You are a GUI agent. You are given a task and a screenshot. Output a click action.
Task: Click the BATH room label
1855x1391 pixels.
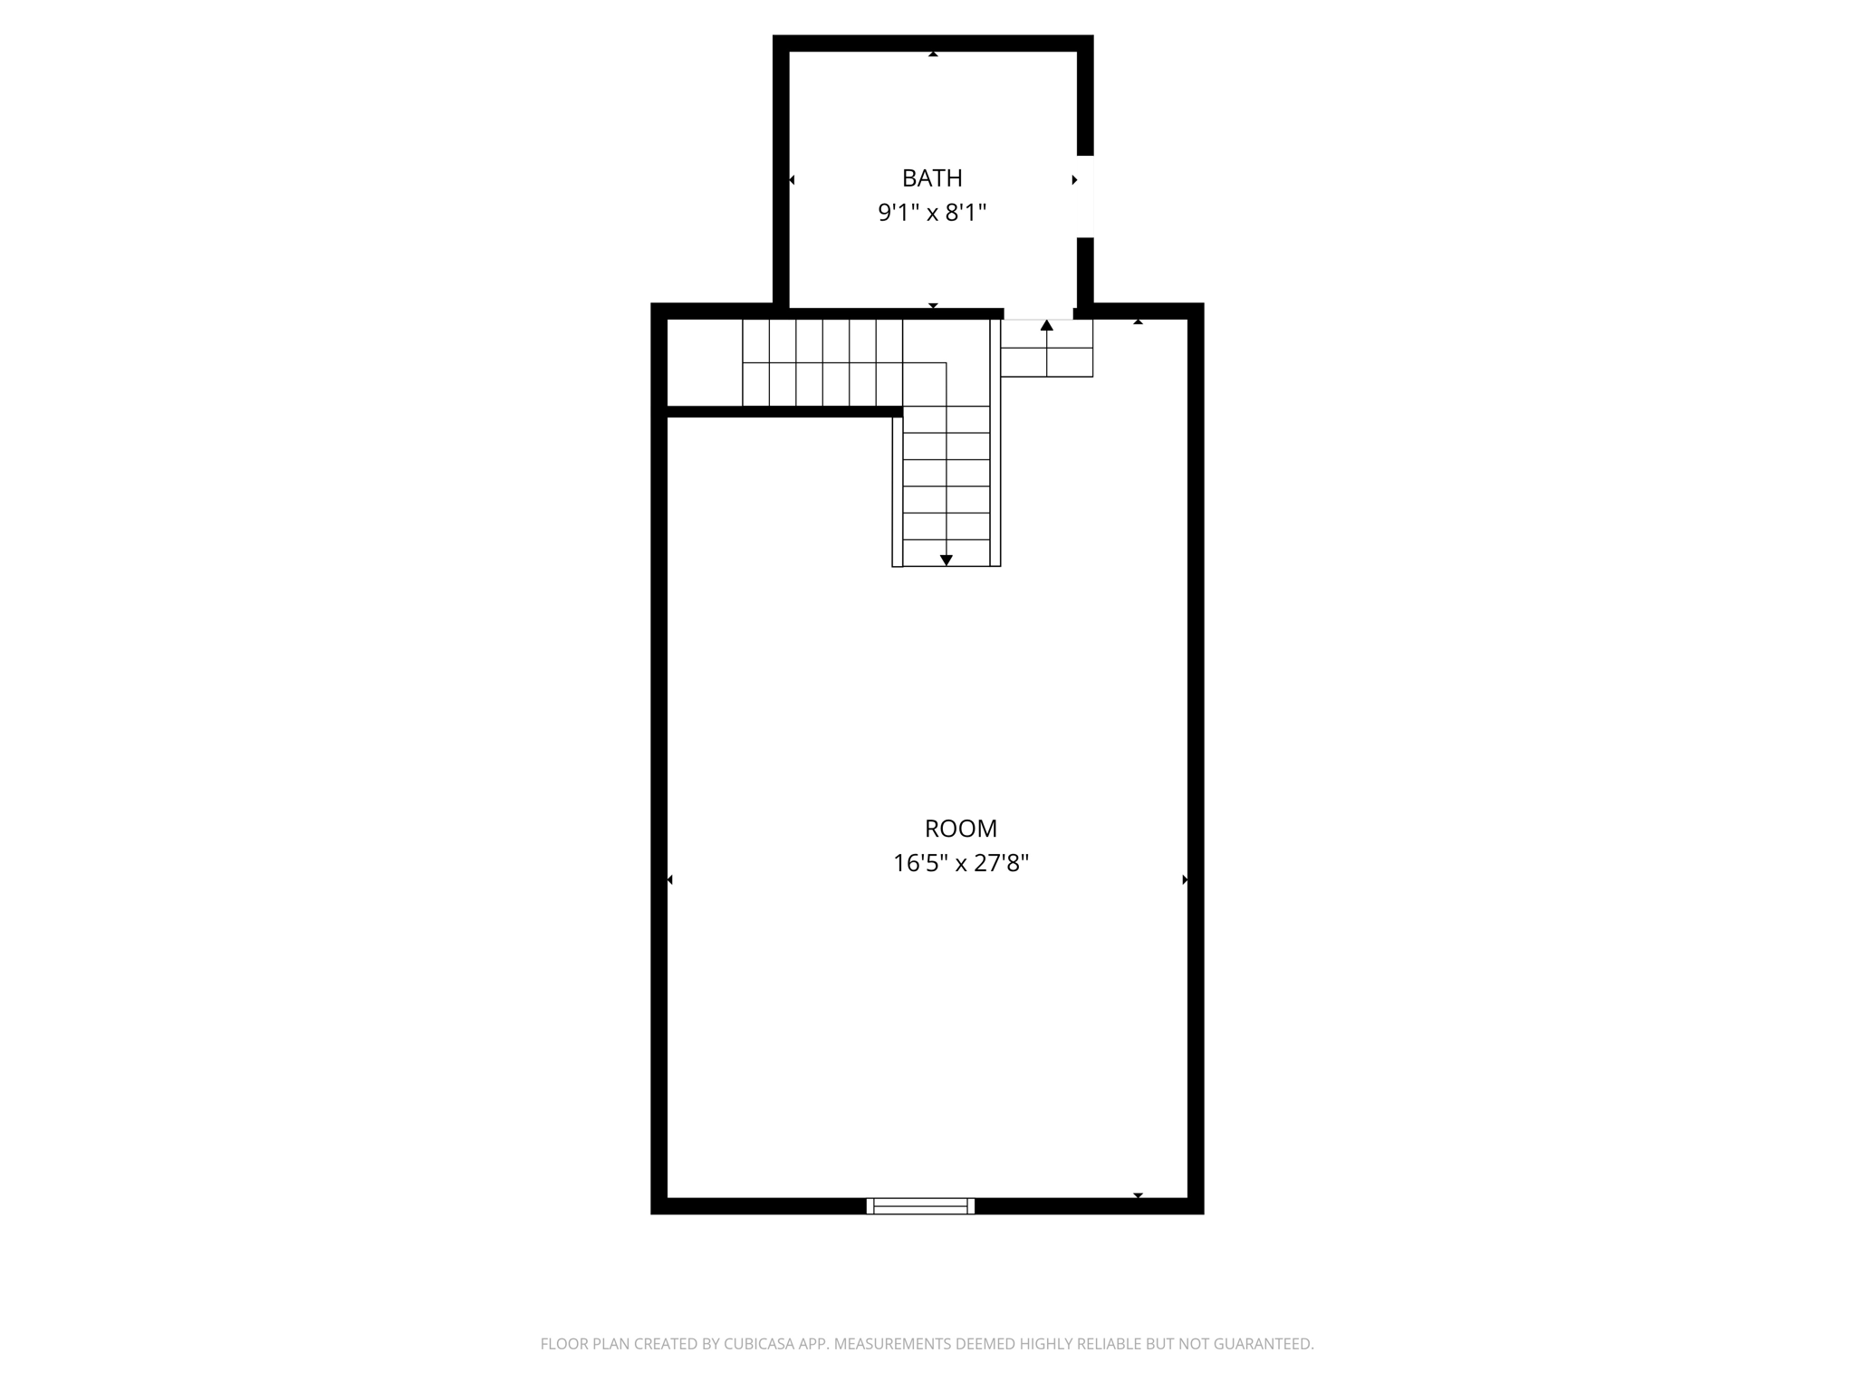[931, 178]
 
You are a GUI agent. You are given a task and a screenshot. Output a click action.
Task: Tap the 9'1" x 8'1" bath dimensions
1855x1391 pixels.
[931, 214]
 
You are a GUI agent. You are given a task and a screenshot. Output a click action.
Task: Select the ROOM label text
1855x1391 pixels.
[960, 829]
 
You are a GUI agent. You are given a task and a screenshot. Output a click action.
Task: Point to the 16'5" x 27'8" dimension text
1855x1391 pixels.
[960, 864]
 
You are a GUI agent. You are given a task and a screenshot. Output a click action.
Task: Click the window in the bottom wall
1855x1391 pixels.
[920, 1205]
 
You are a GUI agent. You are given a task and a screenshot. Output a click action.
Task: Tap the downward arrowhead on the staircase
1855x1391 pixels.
[947, 561]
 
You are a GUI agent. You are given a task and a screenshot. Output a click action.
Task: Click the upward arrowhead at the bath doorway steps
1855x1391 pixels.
[1047, 325]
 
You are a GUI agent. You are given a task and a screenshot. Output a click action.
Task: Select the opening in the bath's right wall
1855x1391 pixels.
[1085, 197]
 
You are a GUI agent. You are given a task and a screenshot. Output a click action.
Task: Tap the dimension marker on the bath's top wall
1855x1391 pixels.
[933, 54]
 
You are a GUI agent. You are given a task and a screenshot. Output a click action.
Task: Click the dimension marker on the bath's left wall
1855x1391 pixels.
[792, 180]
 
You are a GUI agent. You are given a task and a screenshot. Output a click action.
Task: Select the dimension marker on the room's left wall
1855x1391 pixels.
[670, 879]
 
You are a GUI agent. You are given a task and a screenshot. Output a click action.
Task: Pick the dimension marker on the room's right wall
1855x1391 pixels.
[1184, 879]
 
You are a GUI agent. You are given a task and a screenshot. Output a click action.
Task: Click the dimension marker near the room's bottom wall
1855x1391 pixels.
[1139, 1195]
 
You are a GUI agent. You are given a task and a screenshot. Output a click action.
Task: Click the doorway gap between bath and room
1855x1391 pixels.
[1038, 313]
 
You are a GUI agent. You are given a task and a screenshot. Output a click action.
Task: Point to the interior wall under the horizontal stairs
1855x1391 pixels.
[784, 412]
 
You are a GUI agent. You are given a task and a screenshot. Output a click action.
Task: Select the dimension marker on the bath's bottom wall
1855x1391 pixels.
[933, 305]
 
